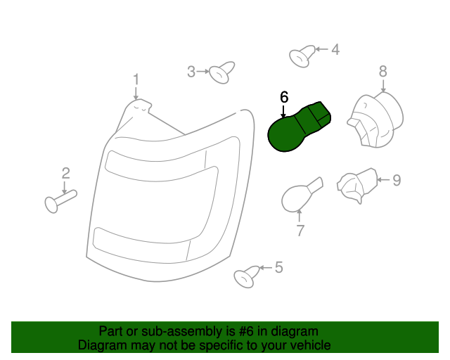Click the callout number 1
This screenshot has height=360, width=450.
point(136,79)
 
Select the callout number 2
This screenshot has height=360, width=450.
point(65,172)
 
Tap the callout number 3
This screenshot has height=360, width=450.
point(191,71)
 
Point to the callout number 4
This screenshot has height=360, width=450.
point(335,49)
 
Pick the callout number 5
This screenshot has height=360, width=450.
point(278,267)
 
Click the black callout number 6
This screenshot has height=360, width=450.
point(284,97)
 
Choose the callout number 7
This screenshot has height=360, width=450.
point(300,230)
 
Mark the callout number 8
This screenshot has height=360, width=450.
point(383,70)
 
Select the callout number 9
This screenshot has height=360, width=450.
point(397,180)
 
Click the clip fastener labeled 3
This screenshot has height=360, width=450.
point(222,71)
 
